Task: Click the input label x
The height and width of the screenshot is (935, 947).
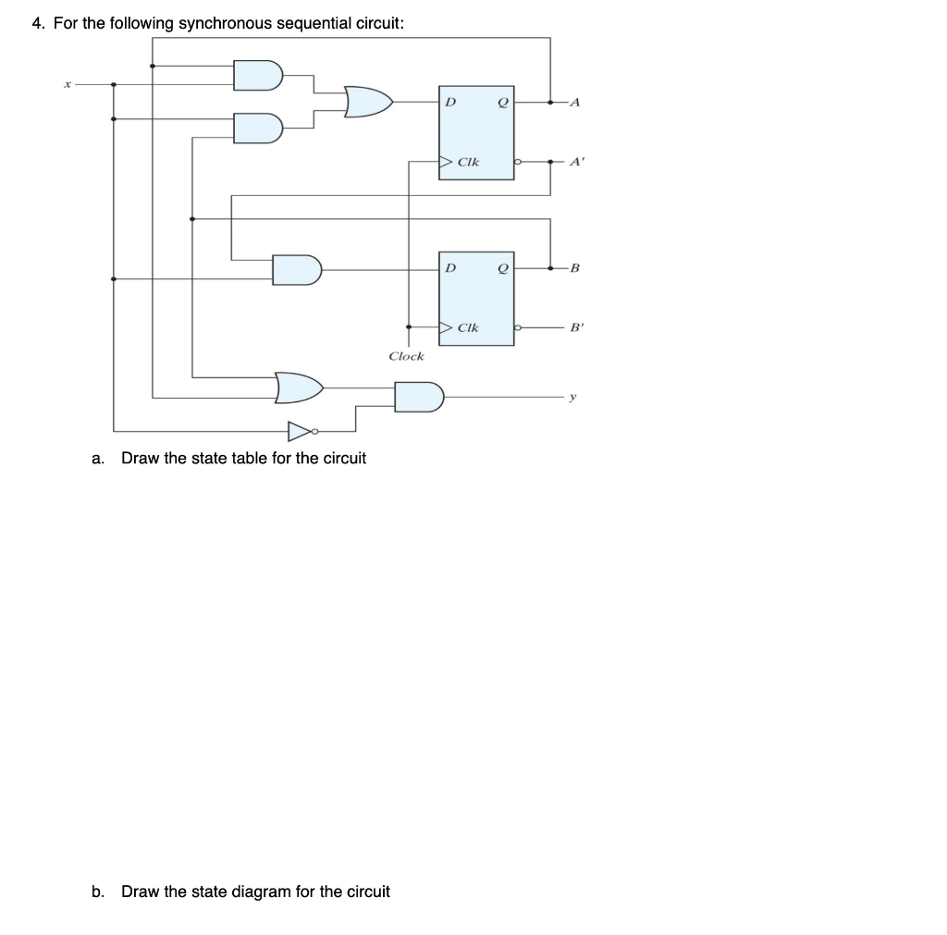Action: (x=67, y=84)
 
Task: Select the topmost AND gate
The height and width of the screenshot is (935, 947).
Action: (x=256, y=75)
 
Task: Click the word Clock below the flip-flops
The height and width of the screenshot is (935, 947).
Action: (x=406, y=356)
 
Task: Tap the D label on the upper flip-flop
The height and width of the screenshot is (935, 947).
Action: (x=450, y=101)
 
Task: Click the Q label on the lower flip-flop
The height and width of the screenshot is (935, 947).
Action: (x=502, y=268)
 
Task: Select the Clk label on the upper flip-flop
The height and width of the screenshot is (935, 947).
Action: (x=469, y=162)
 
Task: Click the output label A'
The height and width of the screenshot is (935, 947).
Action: (x=576, y=161)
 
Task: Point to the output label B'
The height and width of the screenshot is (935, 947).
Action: (x=576, y=327)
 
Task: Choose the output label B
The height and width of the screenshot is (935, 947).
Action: (x=574, y=269)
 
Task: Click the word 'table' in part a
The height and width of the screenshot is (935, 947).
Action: (x=238, y=458)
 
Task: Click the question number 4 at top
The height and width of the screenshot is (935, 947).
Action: (x=37, y=23)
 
